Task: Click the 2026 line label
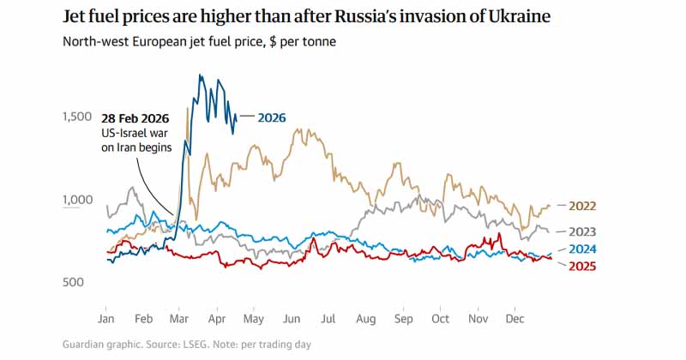(x=272, y=117)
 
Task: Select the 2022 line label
(x=581, y=206)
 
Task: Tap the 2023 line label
(x=581, y=231)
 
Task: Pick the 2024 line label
(x=581, y=249)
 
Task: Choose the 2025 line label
(x=581, y=266)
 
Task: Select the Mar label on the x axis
(x=179, y=319)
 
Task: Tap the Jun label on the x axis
(x=292, y=319)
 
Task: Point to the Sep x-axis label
(x=404, y=319)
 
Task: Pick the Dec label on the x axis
(x=515, y=319)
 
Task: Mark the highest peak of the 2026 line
(x=199, y=75)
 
